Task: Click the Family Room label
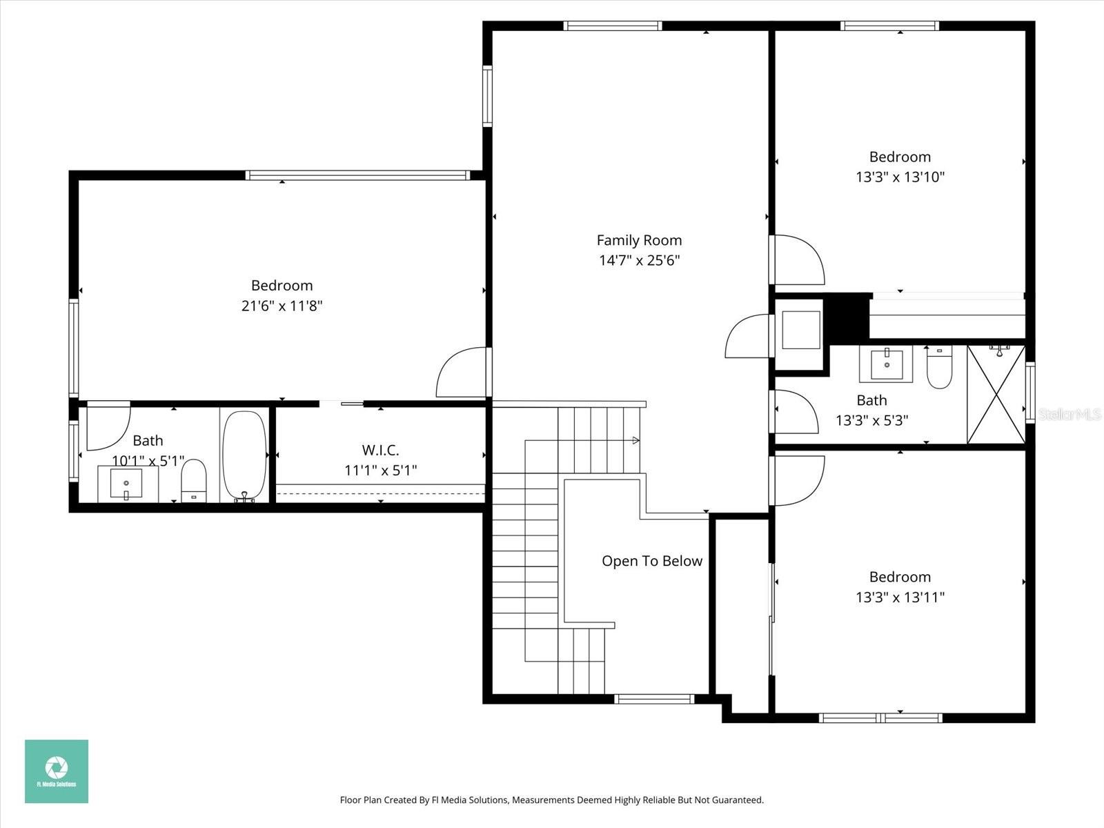639,240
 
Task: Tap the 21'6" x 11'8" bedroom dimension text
282,306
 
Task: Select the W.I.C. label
380,451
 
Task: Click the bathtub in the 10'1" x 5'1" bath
245,455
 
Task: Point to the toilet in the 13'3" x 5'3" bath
939,369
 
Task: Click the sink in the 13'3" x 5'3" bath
886,364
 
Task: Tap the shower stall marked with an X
996,395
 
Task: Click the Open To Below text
651,561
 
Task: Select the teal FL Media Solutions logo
57,771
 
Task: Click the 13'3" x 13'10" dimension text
900,177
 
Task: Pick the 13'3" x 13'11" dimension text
900,597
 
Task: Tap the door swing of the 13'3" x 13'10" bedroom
799,259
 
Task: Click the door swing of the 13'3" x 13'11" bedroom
799,480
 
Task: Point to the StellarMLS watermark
1069,414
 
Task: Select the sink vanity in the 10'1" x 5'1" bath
127,483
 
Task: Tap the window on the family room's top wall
613,26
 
